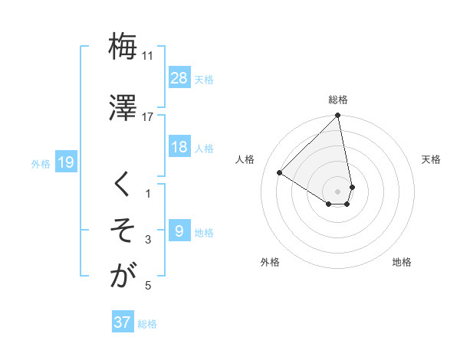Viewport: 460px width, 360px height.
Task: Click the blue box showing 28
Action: [x=179, y=78]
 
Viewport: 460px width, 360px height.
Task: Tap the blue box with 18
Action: [x=179, y=148]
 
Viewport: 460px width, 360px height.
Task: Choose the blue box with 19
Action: [x=66, y=162]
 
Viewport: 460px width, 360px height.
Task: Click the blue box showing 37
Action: [x=123, y=322]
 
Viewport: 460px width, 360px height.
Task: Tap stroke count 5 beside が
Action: [x=148, y=286]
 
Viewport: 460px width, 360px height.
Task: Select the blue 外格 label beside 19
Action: [x=41, y=163]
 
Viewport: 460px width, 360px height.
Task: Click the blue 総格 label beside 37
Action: [x=147, y=323]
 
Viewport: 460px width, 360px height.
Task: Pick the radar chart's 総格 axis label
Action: [x=338, y=100]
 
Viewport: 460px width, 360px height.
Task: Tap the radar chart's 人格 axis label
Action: [x=245, y=159]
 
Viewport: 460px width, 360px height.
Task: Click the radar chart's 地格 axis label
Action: [x=402, y=262]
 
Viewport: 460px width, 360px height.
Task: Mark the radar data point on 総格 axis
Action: [x=338, y=116]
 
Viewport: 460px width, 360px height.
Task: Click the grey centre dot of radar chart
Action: [x=338, y=191]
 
